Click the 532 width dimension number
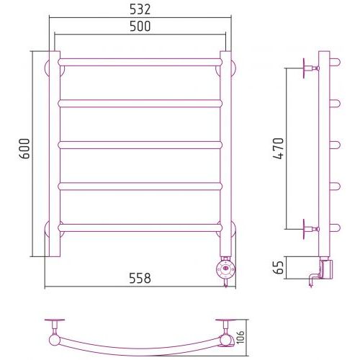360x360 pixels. [x=140, y=9]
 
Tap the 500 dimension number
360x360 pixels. [x=140, y=26]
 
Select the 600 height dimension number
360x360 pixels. [x=24, y=148]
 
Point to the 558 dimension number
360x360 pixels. [x=140, y=279]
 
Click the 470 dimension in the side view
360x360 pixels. [x=279, y=148]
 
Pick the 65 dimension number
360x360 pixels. [x=279, y=268]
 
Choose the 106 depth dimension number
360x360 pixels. [x=240, y=337]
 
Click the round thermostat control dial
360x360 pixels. [x=225, y=269]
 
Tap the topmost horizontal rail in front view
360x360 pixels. [x=140, y=62]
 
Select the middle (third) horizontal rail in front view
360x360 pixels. [x=140, y=145]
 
